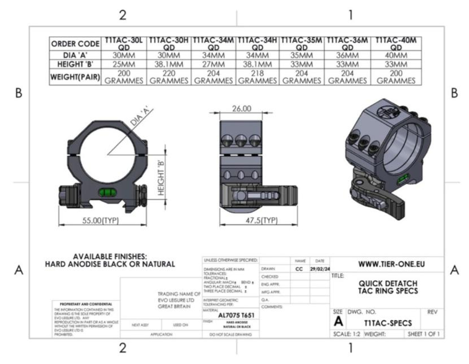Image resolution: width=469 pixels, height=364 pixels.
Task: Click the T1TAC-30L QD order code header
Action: point(123,44)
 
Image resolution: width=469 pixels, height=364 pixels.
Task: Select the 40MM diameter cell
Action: point(396,55)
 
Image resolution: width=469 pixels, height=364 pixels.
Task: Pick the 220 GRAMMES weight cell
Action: point(168,77)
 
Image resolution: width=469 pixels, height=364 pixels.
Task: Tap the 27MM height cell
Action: point(213,64)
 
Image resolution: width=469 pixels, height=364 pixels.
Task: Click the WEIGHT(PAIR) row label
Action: point(75,77)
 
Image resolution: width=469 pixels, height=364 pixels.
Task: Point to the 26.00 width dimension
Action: point(242,109)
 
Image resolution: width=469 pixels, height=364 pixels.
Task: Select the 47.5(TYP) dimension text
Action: point(262,220)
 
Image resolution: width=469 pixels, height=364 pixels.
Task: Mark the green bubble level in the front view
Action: point(107,191)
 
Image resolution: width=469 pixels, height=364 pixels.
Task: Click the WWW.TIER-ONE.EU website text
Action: point(391,264)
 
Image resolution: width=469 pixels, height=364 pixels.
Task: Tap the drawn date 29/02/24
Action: point(319,269)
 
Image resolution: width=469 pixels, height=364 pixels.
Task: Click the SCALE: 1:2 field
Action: point(348,334)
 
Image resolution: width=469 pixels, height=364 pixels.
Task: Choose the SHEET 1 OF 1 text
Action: point(424,334)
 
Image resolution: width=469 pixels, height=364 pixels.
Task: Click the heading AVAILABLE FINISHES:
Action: point(110,256)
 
